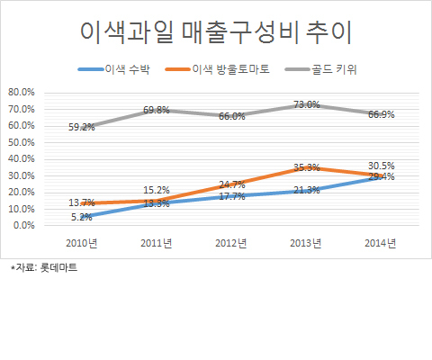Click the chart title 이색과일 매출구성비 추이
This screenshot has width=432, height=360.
[216, 32]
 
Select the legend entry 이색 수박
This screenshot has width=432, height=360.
[114, 69]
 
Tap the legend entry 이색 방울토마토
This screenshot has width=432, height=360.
[218, 69]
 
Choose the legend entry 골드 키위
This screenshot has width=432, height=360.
[320, 69]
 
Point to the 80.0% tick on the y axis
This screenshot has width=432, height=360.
[22, 93]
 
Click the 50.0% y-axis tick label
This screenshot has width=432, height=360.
[22, 142]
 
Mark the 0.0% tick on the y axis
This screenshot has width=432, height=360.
[24, 225]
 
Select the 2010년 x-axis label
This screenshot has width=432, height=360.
[82, 243]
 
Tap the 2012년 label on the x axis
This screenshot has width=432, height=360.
[231, 243]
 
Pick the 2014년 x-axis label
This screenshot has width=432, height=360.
[381, 243]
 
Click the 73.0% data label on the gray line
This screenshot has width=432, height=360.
[307, 104]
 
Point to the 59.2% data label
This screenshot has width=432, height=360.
[82, 127]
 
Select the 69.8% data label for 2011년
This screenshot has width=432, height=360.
[157, 110]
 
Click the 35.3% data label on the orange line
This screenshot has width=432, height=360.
[307, 167]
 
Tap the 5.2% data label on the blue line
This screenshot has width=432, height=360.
[82, 217]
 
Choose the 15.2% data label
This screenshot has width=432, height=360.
[157, 190]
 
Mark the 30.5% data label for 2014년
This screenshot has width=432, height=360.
[382, 166]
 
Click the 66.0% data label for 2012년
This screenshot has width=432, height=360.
[232, 116]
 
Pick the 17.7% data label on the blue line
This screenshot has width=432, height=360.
[232, 197]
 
